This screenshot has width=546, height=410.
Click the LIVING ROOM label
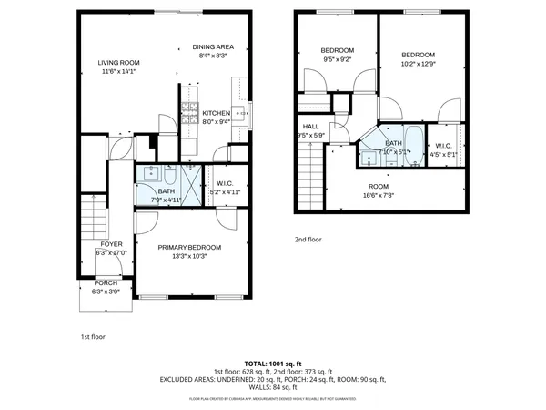pyautogui.click(x=119, y=62)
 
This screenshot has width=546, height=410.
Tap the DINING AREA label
pyautogui.click(x=213, y=46)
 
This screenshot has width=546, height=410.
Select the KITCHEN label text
pyautogui.click(x=216, y=113)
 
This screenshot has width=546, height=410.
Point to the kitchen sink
pyautogui.click(x=239, y=114)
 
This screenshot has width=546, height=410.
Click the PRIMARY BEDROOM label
pyautogui.click(x=189, y=247)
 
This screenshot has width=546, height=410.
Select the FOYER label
pyautogui.click(x=111, y=244)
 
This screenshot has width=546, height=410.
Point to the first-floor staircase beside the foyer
pyautogui.click(x=94, y=219)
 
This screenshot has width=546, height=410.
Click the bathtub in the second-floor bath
pyautogui.click(x=410, y=140)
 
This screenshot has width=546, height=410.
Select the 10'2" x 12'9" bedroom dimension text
pyautogui.click(x=419, y=64)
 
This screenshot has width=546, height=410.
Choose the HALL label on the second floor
pyautogui.click(x=310, y=127)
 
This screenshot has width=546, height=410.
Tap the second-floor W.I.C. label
pyautogui.click(x=444, y=146)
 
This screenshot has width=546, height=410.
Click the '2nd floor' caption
pyautogui.click(x=308, y=240)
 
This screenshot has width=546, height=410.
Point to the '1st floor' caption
pyautogui.click(x=93, y=336)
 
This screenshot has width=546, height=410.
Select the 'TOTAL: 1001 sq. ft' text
pyautogui.click(x=272, y=364)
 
